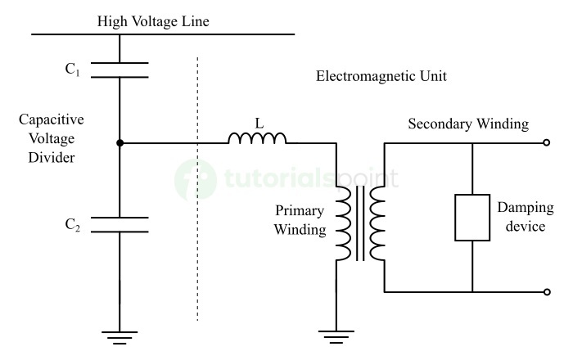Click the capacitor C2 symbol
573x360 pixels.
pyautogui.click(x=120, y=224)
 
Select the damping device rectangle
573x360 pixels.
pyautogui.click(x=472, y=217)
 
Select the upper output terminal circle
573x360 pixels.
pyautogui.click(x=547, y=144)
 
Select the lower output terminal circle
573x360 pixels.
pyautogui.click(x=547, y=291)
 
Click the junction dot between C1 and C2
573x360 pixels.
pyautogui.click(x=120, y=143)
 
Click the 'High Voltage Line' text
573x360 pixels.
pyautogui.click(x=153, y=21)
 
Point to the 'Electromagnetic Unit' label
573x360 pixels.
pyautogui.click(x=381, y=76)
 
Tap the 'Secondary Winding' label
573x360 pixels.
pyautogui.click(x=468, y=124)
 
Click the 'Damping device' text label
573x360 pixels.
pyautogui.click(x=526, y=217)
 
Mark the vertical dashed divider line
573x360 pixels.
pyautogui.click(x=197, y=188)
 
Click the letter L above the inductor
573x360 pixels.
pyautogui.click(x=259, y=123)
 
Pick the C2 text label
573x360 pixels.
pyautogui.click(x=73, y=226)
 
